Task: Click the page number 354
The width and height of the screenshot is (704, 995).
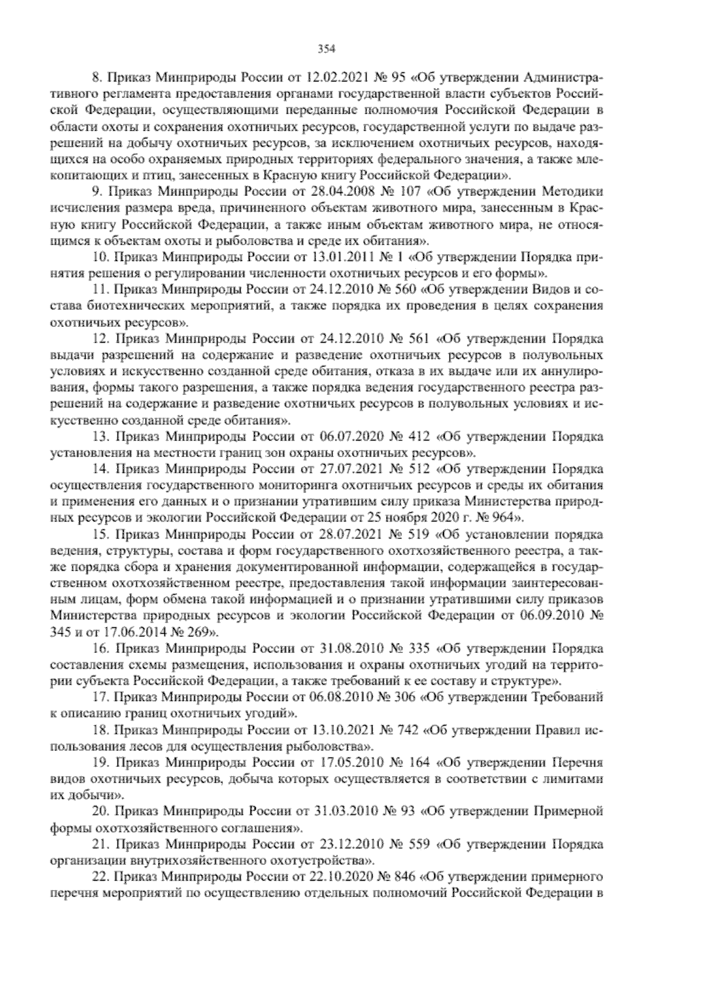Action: pyautogui.click(x=326, y=49)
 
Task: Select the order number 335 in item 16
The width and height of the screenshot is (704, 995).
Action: pyautogui.click(x=420, y=649)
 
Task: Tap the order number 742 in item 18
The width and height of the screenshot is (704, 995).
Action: pyautogui.click(x=405, y=730)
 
